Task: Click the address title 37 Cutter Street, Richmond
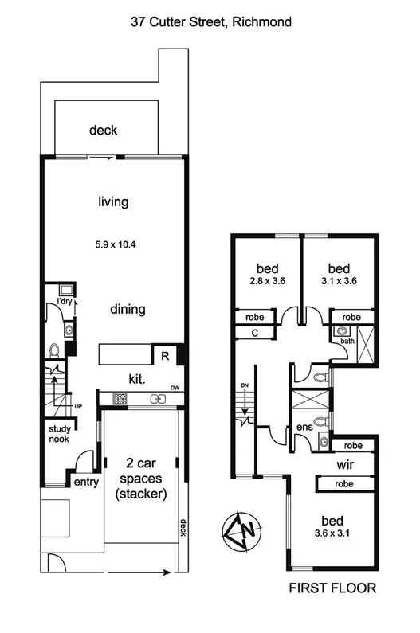(211, 23)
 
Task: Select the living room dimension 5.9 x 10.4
(112, 244)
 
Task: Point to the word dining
(128, 309)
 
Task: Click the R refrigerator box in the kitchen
(163, 356)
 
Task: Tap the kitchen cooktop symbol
(120, 398)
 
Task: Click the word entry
(85, 482)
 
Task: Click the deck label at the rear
(104, 131)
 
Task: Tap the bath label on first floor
(347, 341)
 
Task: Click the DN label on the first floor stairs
(245, 385)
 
